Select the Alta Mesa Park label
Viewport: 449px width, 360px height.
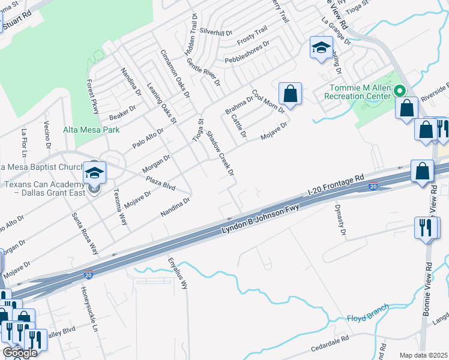[91, 130]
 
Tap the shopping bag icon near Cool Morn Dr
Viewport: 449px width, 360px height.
[290, 94]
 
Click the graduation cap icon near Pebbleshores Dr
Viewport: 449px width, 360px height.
[321, 47]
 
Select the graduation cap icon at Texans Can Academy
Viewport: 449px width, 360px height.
[94, 173]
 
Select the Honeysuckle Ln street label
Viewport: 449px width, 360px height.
[88, 308]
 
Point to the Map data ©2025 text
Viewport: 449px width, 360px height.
[423, 355]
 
